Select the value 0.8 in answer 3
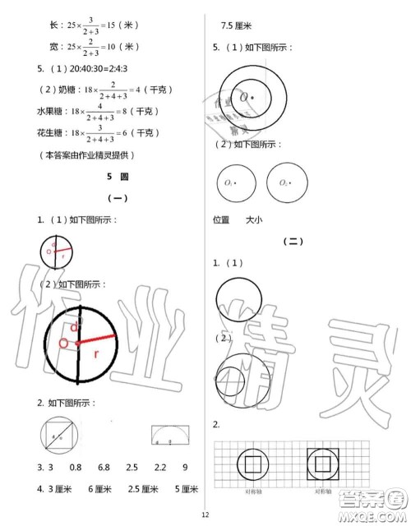(x=76, y=467)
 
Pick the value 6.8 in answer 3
(x=104, y=467)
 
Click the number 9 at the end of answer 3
(x=185, y=467)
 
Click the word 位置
(x=221, y=219)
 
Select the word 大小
(x=253, y=219)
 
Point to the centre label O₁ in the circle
(x=229, y=182)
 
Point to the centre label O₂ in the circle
(x=284, y=182)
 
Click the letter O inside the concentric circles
(x=244, y=97)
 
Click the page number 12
(x=205, y=514)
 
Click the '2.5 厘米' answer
(x=141, y=489)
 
